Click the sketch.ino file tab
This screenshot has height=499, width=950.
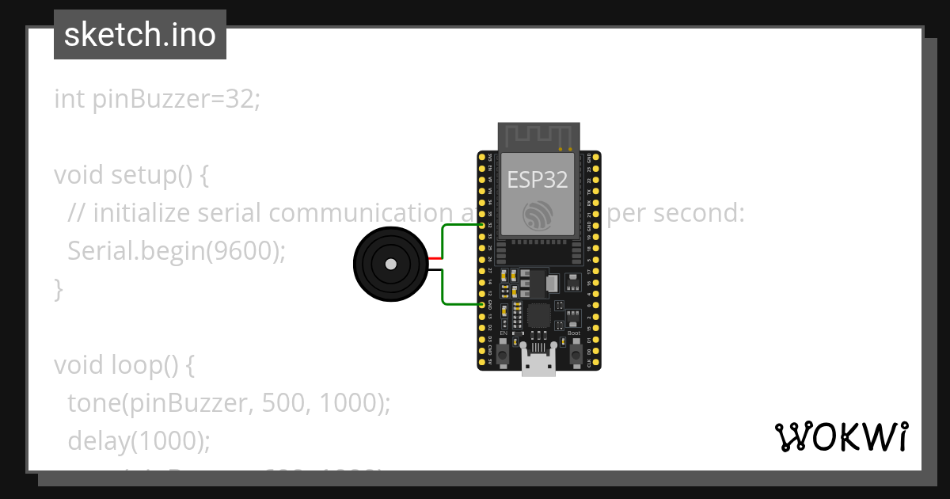click(139, 35)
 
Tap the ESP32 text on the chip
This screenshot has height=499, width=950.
click(538, 180)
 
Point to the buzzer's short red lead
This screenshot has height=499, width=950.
click(435, 259)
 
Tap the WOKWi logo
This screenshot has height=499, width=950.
click(842, 436)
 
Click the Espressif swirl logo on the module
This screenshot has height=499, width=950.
click(538, 216)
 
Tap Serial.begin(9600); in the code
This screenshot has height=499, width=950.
click(176, 251)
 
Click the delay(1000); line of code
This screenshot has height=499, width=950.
click(139, 440)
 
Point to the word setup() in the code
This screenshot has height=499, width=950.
click(157, 175)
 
